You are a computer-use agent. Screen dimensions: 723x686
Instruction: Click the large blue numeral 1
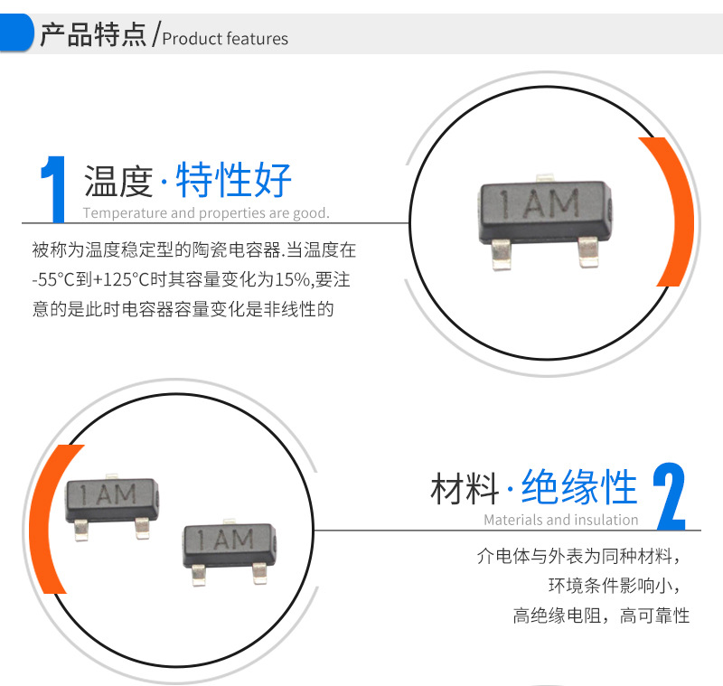(x=54, y=189)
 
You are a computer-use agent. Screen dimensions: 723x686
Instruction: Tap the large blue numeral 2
(x=670, y=496)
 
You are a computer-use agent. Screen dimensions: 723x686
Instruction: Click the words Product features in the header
(x=225, y=39)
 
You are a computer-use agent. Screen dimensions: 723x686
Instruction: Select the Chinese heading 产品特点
(x=93, y=34)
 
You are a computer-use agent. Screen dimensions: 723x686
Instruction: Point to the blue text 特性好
(x=233, y=180)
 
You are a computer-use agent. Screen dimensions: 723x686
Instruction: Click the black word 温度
(x=118, y=181)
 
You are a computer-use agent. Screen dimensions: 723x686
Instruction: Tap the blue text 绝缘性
(x=579, y=487)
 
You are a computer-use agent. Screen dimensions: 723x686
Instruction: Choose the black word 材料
(x=465, y=488)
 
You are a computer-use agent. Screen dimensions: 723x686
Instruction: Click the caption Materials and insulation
(x=561, y=520)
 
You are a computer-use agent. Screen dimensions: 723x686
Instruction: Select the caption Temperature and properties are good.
(x=206, y=213)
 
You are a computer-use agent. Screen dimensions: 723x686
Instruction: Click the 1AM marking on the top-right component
(x=540, y=203)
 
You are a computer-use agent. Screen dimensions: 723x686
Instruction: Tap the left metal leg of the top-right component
(x=502, y=254)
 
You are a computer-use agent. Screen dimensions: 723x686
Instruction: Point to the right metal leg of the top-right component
(x=588, y=252)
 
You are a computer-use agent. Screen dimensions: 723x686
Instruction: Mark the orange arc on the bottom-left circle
(x=46, y=519)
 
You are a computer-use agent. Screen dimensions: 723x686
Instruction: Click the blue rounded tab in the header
(x=16, y=33)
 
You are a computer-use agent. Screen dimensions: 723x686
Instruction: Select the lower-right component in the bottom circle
(x=230, y=551)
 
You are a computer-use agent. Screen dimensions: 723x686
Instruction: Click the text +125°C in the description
(x=121, y=279)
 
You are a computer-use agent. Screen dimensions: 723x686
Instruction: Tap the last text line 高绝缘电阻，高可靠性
(x=601, y=616)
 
